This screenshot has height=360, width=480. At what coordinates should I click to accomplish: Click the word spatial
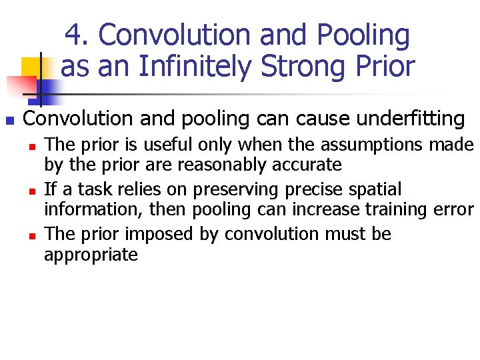point(378,189)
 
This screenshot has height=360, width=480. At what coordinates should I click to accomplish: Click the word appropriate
point(91,255)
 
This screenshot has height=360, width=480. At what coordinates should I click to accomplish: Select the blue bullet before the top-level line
point(9,121)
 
